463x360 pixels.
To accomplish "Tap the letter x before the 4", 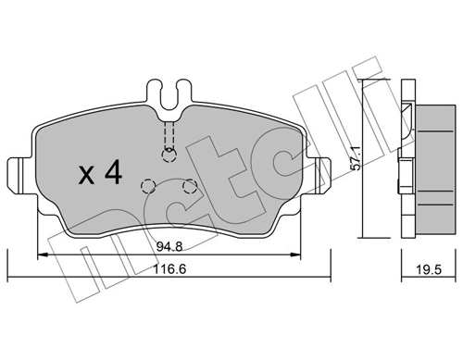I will pos(85,175).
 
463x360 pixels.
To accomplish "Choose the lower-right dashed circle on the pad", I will pos(189,186).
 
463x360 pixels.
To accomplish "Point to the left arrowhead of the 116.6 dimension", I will pos(10,276).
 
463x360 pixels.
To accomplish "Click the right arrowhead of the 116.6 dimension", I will pos(327,276).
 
